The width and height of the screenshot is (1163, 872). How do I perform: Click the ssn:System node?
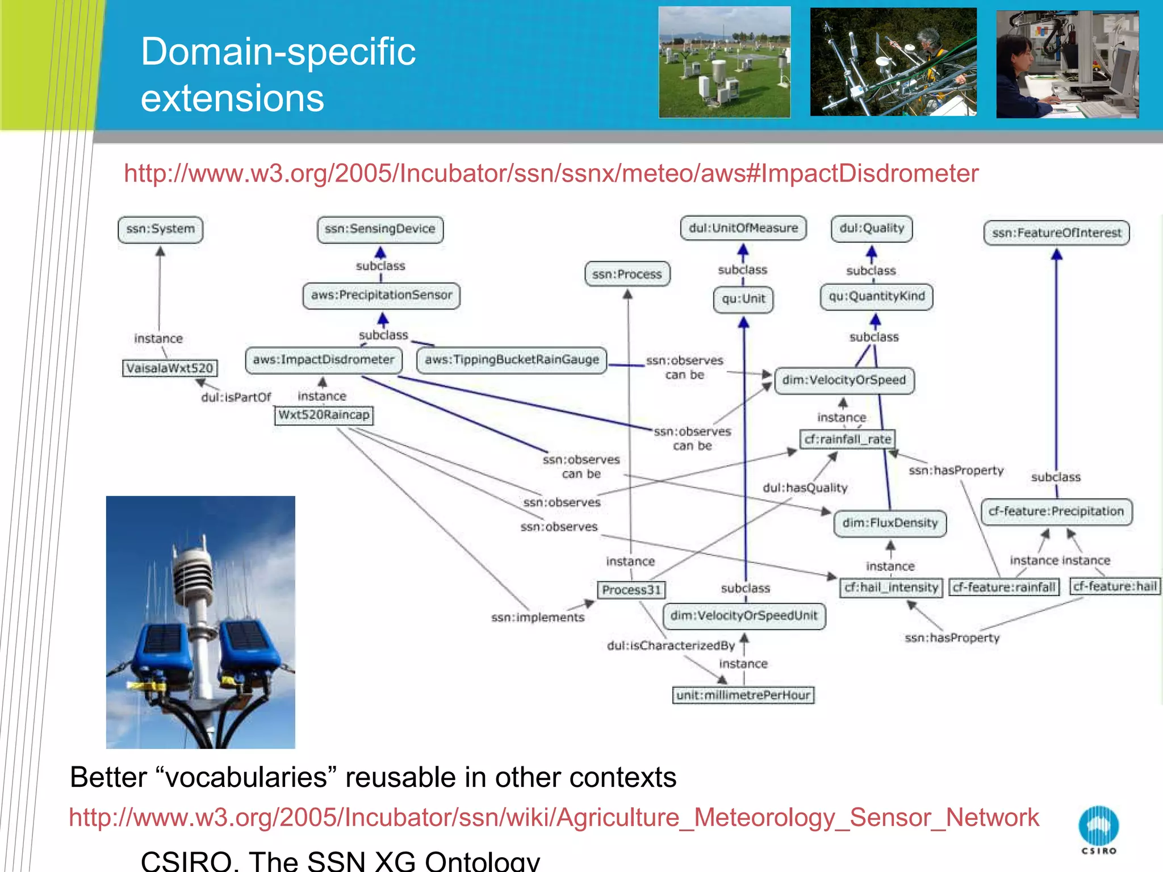(x=160, y=229)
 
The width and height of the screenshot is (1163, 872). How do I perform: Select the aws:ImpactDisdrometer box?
(x=324, y=360)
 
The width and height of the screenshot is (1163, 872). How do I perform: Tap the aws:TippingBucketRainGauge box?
(x=512, y=360)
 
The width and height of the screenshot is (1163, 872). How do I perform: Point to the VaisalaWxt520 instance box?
(x=170, y=368)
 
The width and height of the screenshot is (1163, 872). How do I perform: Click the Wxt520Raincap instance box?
(x=324, y=415)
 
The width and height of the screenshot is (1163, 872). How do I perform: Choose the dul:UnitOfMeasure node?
(x=743, y=228)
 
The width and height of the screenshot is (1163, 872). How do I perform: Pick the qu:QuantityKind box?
(x=876, y=296)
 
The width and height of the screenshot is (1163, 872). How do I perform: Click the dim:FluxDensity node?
(x=890, y=523)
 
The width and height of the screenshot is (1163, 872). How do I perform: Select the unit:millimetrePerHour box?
(x=743, y=695)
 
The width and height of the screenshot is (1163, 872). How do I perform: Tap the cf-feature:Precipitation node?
(x=1056, y=512)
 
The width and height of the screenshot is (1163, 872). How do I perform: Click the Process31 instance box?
(x=631, y=590)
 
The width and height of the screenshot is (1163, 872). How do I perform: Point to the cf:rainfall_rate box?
(x=848, y=439)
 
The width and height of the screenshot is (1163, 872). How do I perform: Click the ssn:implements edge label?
(x=537, y=618)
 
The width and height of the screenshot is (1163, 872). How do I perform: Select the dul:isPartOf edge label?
(x=236, y=397)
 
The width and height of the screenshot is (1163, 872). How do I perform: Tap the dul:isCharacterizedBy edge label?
(x=671, y=645)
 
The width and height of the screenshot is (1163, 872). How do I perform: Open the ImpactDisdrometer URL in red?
(x=551, y=173)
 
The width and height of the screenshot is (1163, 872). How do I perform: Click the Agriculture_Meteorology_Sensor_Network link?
(x=554, y=817)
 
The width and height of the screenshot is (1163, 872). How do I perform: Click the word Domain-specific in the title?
(x=278, y=52)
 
